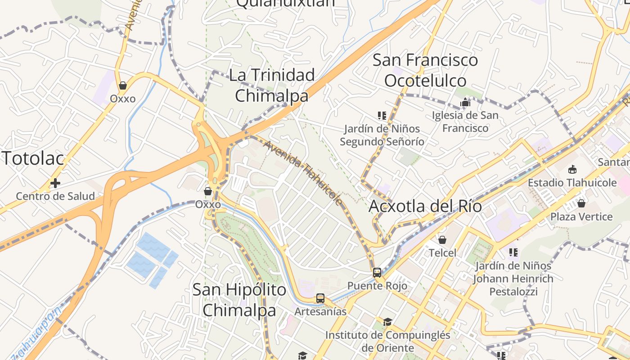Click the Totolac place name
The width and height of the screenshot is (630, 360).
[34, 158]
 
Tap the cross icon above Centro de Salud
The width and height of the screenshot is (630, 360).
[55, 183]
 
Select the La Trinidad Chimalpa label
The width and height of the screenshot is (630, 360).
[272, 85]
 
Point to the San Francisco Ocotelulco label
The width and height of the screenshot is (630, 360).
[425, 70]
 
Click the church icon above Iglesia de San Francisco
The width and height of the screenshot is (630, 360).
[465, 103]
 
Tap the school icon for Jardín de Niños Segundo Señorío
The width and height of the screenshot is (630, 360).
[382, 116]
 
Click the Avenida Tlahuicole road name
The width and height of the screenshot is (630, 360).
[304, 172]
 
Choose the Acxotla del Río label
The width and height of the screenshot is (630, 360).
[425, 206]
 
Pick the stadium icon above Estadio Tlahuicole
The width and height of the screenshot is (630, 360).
[572, 170]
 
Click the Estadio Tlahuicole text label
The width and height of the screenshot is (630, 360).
[572, 183]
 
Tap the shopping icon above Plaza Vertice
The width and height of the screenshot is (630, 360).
[581, 203]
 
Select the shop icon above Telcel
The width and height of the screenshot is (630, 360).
[442, 240]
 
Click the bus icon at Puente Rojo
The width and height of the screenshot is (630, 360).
[377, 273]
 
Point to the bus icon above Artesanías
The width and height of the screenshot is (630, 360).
[320, 298]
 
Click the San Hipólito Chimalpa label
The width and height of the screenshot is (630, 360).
[239, 300]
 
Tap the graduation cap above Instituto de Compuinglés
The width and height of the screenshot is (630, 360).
[387, 322]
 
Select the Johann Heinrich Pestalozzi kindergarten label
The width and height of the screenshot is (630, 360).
[513, 279]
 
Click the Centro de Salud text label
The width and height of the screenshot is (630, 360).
[55, 196]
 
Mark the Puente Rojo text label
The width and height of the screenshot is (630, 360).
[377, 286]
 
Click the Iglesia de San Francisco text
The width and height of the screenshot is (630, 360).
[465, 121]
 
